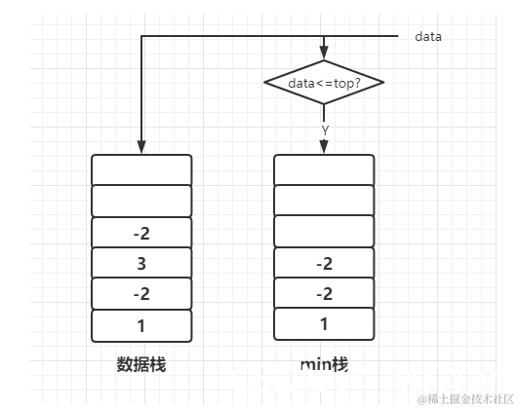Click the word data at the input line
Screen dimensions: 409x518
point(428,36)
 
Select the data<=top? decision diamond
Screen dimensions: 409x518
point(323,84)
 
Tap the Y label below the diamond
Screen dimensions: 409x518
point(324,129)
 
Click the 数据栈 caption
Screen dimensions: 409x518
point(140,364)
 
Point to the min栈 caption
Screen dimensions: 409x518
point(324,364)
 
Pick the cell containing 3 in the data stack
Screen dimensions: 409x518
point(141,263)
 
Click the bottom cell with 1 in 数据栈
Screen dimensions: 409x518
point(141,324)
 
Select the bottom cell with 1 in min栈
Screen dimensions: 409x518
point(324,324)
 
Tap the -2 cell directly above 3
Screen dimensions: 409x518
point(141,233)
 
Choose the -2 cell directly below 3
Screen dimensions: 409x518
point(141,293)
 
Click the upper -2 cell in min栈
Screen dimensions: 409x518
point(324,263)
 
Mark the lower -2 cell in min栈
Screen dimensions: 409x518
point(324,293)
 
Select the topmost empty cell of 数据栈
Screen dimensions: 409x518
point(141,169)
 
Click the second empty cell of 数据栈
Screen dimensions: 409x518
point(141,201)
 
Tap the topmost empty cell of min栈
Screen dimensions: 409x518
point(324,169)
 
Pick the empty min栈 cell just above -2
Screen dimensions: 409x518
point(324,231)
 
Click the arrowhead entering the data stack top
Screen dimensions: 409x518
point(141,147)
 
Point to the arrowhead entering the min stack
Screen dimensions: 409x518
point(324,147)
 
